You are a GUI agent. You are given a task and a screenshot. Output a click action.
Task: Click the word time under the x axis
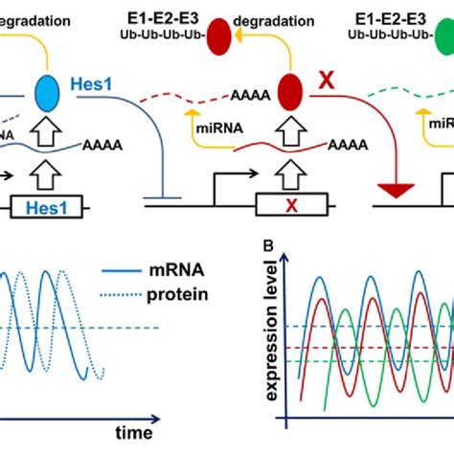point(133,434)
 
